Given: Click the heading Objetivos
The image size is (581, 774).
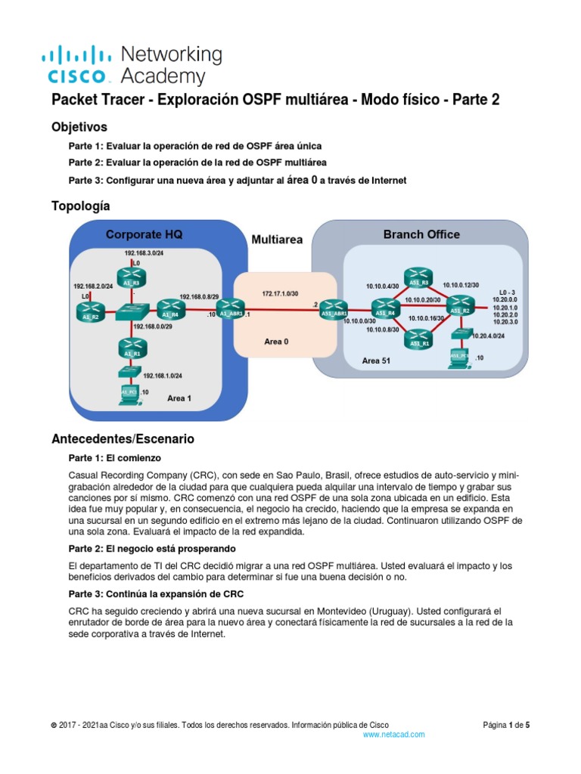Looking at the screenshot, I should (79, 126).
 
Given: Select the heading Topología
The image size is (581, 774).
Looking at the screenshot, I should (80, 206).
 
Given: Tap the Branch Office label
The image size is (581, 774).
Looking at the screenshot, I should (421, 234).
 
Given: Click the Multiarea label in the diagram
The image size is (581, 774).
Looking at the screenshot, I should (277, 240).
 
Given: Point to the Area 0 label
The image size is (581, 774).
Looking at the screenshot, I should (277, 341).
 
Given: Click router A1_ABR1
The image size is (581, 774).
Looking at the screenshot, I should (228, 309).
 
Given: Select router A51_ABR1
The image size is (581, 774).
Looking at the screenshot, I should (334, 309).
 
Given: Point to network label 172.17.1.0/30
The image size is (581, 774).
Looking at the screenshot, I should (281, 292).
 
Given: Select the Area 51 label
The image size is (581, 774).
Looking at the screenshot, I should (376, 361).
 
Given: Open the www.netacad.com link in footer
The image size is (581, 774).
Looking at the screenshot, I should (393, 734).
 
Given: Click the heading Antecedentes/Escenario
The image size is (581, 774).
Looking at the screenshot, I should (122, 438).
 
